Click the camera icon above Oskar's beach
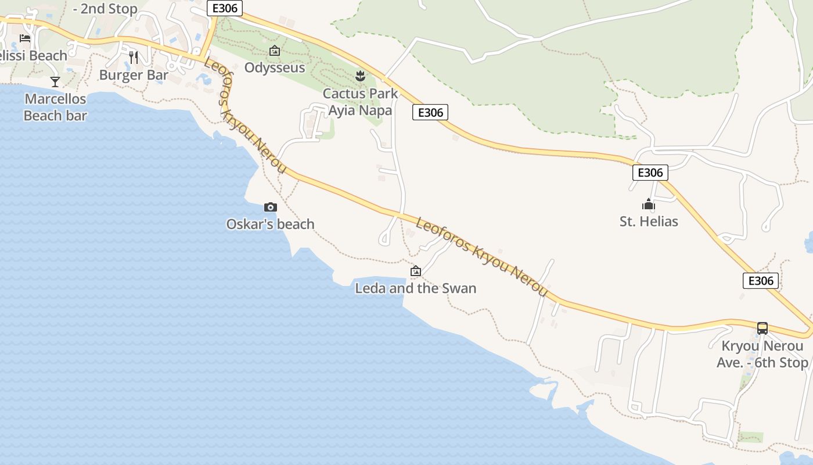(x=270, y=208)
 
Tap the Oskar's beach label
(x=270, y=224)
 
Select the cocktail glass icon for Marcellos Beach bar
(x=55, y=82)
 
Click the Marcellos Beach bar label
(x=55, y=108)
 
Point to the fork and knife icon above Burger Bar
(x=134, y=57)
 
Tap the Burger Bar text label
(x=134, y=75)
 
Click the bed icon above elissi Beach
(x=25, y=38)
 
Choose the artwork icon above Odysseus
(x=275, y=51)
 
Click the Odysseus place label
(x=275, y=67)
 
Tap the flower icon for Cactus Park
(x=361, y=76)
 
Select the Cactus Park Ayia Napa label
(x=361, y=102)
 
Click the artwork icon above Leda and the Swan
(x=416, y=271)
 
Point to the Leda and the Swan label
(x=416, y=288)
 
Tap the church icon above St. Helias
(x=649, y=204)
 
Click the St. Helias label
(x=649, y=221)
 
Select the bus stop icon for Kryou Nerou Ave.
(x=762, y=328)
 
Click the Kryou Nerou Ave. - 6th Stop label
(x=762, y=354)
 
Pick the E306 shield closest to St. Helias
(x=650, y=173)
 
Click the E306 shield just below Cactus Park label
(x=430, y=112)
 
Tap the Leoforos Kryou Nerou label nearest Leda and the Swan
(x=482, y=256)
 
